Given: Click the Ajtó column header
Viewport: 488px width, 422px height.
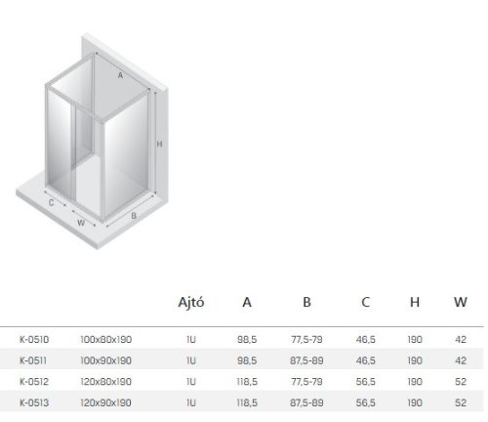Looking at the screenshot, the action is point(191,303).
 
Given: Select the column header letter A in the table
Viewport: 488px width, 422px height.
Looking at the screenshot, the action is point(247,303).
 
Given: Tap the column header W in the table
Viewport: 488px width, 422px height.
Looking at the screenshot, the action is point(461,303).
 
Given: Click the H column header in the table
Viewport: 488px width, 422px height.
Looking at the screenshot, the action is point(415,303).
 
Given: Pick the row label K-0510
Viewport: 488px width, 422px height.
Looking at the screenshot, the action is point(34,340).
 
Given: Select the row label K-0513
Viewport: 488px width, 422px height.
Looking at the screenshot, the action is point(34,402).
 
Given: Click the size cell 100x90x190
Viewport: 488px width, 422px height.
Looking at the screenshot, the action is point(106,360).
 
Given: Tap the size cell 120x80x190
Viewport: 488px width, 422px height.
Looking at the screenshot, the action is point(106,382).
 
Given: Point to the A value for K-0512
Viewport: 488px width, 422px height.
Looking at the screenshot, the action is point(247,382).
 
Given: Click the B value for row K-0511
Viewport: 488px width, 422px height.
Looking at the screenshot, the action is point(306,360).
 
